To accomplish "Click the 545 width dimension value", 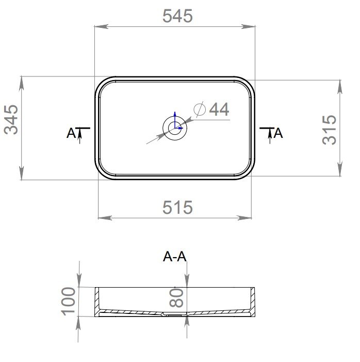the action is pos(177,16).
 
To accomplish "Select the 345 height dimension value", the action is pos(11,120).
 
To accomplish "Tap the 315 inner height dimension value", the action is pos(329,130).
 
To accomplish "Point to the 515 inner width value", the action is pos(177,207).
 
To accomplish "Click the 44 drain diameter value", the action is pos(219,109).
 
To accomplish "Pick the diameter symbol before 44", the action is pos(200,109).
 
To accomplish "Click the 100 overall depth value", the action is pos(68,301).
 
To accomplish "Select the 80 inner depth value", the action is pos(176,298).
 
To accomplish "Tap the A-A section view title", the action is pos(174,257).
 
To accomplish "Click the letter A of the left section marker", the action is pos(71,133).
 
